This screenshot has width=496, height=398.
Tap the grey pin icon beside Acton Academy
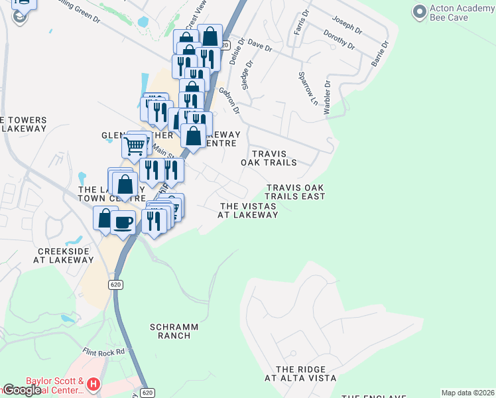419,11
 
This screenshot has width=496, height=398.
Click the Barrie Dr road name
379,49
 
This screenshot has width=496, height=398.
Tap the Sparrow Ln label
306,88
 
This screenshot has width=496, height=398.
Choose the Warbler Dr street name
326,98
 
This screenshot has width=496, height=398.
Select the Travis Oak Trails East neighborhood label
295,192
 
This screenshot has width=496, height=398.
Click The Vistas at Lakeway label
247,210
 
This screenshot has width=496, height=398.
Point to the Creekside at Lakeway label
66,255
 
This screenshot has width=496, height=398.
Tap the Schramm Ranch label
170,331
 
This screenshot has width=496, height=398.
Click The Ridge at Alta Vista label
300,373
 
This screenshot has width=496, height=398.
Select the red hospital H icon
93,383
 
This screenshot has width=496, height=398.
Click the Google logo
22,390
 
